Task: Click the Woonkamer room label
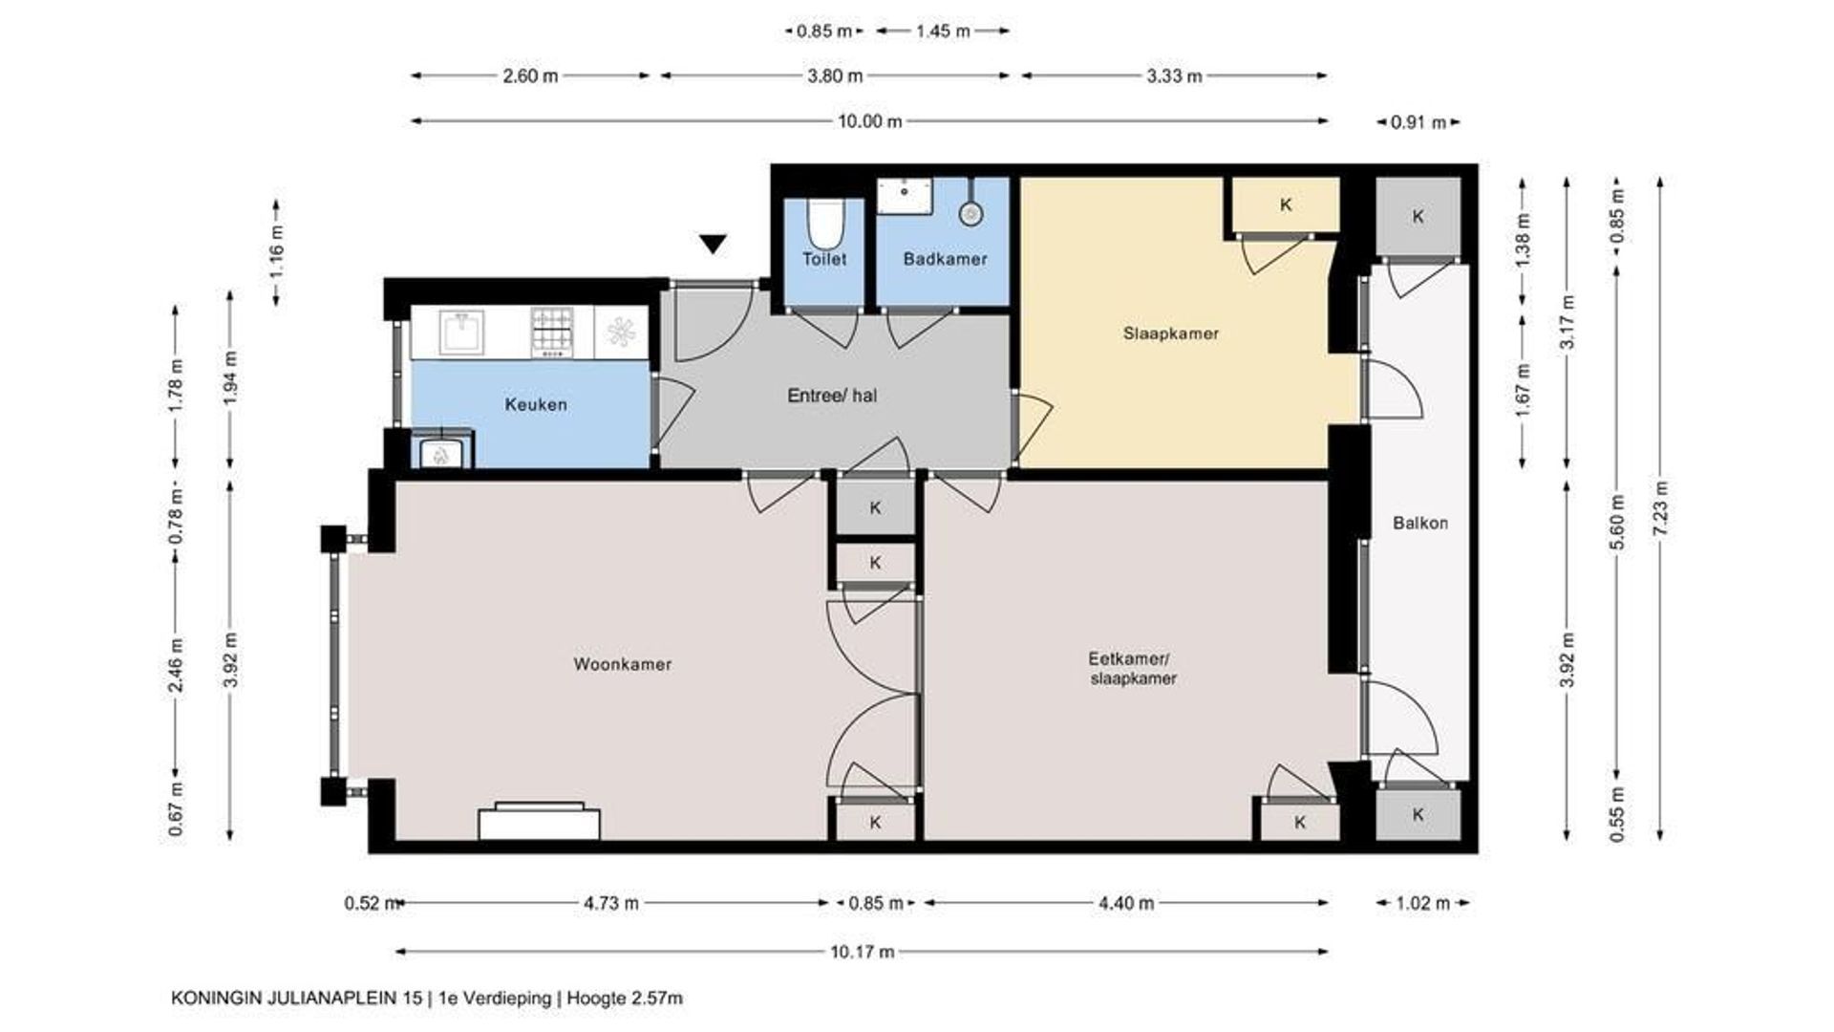[x=622, y=664]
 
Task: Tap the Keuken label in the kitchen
[x=536, y=404]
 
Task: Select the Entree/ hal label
[x=832, y=395]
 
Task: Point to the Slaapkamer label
[x=1171, y=333]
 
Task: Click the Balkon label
[x=1420, y=523]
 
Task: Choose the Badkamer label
[x=945, y=258]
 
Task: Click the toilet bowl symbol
[x=823, y=222]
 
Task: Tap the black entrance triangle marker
[x=713, y=245]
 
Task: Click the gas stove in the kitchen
[x=553, y=332]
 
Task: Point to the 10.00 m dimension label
[x=869, y=121]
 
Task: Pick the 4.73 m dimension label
[x=610, y=903]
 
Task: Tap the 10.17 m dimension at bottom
[x=862, y=952]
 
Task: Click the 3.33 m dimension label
[x=1174, y=76]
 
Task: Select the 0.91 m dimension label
[x=1419, y=122]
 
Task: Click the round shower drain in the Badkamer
[x=971, y=213]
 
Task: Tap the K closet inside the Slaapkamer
[x=1286, y=204]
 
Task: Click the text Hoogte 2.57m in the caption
[x=625, y=999]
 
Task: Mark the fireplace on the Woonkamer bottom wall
[x=540, y=822]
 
